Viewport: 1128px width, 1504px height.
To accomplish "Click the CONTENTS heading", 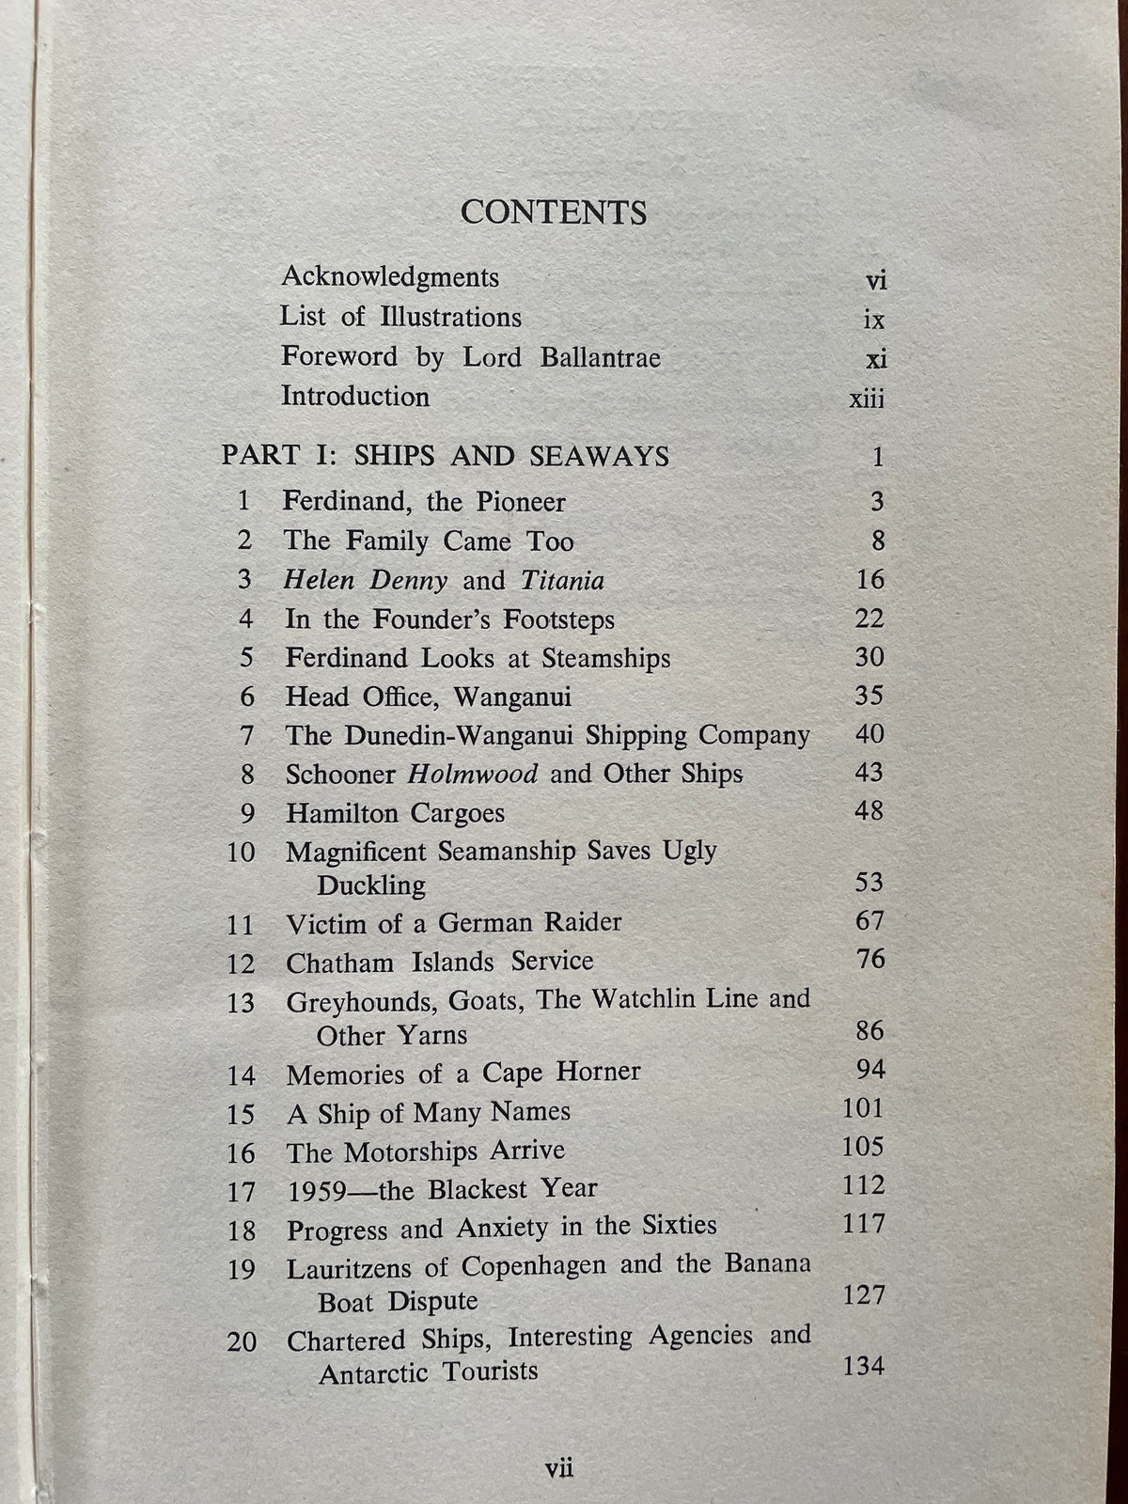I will (x=554, y=212).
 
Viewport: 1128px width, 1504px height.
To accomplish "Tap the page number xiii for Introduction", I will (x=867, y=399).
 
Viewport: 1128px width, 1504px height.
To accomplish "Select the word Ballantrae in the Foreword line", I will (x=600, y=358).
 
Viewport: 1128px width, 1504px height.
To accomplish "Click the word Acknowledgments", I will (x=390, y=277).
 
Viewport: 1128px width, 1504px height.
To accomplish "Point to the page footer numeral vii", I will (x=559, y=1467).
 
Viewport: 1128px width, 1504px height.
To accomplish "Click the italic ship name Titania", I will (x=562, y=580).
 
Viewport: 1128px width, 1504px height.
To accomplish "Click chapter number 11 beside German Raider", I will (x=241, y=925).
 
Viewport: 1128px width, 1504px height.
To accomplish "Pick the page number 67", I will (x=869, y=920).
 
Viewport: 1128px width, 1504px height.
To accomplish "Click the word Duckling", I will (x=371, y=885).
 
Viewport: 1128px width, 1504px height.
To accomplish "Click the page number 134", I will (x=864, y=1366).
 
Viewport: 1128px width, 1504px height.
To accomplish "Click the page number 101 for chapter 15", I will (x=864, y=1109).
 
